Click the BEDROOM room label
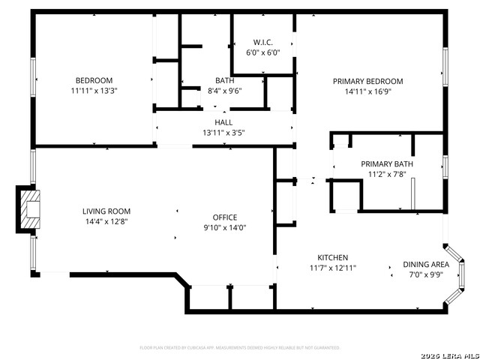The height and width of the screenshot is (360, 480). click(94, 81)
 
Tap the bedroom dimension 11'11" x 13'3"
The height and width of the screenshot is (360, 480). click(94, 91)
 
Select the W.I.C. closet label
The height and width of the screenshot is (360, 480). click(262, 42)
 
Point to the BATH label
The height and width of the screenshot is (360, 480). click(224, 81)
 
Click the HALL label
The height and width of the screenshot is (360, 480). click(223, 122)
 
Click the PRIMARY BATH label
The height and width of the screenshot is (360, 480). click(386, 164)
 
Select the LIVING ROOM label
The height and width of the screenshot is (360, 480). click(106, 211)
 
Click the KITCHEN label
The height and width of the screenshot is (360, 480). click(332, 257)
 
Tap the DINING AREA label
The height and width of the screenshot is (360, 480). click(426, 264)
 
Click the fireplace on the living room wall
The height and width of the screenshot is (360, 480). click(28, 211)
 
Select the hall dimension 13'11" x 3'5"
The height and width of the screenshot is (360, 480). click(223, 133)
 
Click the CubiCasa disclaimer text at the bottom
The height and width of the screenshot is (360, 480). click(240, 348)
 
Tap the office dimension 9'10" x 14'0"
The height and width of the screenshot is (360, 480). click(225, 228)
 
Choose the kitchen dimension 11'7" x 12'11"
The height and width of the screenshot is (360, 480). click(332, 268)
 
